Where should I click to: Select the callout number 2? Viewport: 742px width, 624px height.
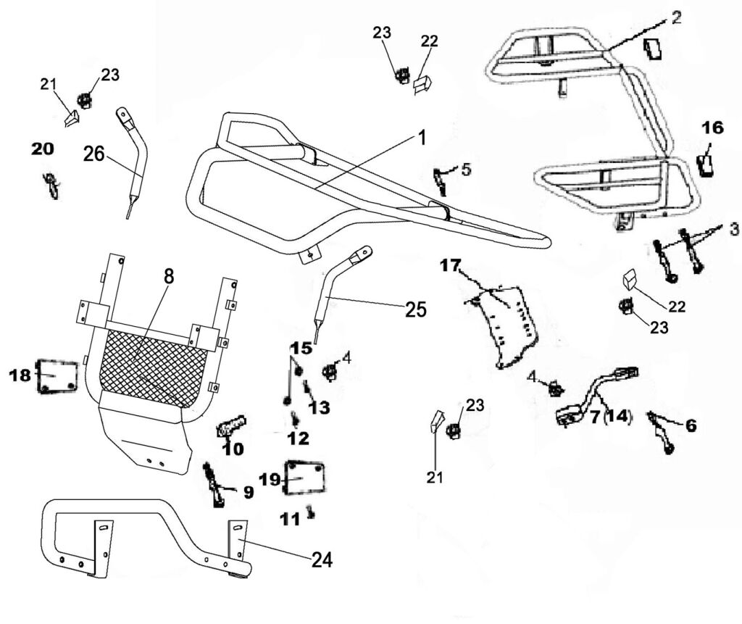pyautogui.click(x=675, y=18)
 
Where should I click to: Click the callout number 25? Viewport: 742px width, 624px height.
pyautogui.click(x=415, y=309)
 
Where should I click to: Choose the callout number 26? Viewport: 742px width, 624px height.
pyautogui.click(x=93, y=154)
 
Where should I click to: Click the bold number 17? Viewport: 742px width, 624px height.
pyautogui.click(x=449, y=266)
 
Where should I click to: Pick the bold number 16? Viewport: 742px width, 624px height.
pyautogui.click(x=712, y=128)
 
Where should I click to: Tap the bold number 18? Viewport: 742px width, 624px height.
pyautogui.click(x=20, y=375)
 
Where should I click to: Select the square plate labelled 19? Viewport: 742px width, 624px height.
pyautogui.click(x=304, y=479)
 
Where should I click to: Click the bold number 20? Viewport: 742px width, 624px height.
pyautogui.click(x=42, y=149)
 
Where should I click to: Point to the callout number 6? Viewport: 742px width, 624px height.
pyautogui.click(x=690, y=425)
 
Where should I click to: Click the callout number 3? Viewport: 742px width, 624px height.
pyautogui.click(x=733, y=230)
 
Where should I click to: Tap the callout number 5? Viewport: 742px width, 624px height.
pyautogui.click(x=466, y=170)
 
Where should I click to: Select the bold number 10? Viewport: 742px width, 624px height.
pyautogui.click(x=233, y=449)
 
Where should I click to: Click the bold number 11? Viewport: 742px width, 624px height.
pyautogui.click(x=291, y=519)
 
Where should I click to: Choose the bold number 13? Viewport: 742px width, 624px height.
pyautogui.click(x=318, y=408)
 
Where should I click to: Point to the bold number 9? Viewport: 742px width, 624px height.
pyautogui.click(x=247, y=493)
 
